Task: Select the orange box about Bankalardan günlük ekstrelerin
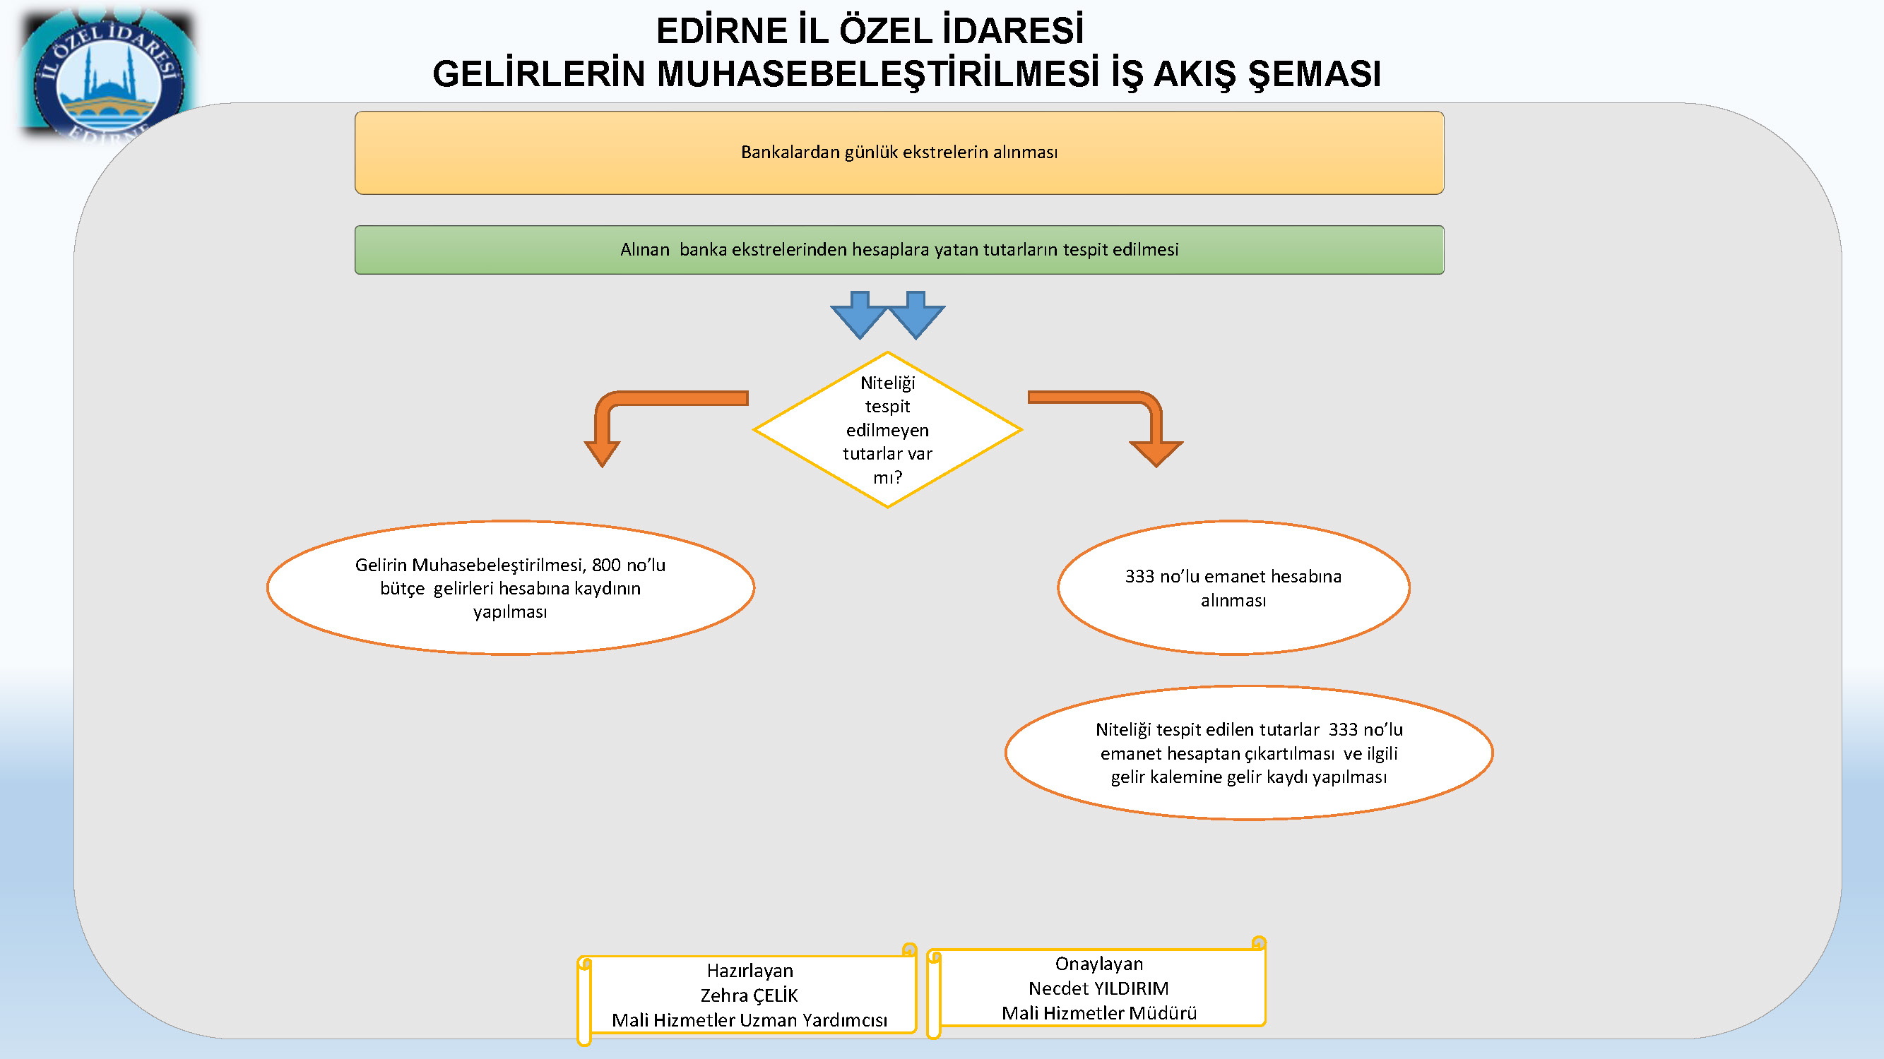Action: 899,152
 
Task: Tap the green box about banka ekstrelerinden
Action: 899,250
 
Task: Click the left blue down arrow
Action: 860,314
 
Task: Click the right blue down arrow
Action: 916,314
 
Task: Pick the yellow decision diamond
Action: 887,430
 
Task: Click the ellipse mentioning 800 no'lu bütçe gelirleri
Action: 511,587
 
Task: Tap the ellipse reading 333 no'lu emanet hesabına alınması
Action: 1233,587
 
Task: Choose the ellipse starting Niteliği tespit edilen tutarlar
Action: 1248,753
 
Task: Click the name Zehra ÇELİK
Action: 749,995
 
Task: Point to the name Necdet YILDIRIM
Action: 1098,988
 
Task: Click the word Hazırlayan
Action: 750,971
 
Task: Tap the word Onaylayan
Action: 1098,964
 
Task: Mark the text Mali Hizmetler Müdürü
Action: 1098,1013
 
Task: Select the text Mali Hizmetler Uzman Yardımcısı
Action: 750,1020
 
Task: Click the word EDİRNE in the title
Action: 721,32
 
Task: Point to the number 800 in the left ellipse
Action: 606,565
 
